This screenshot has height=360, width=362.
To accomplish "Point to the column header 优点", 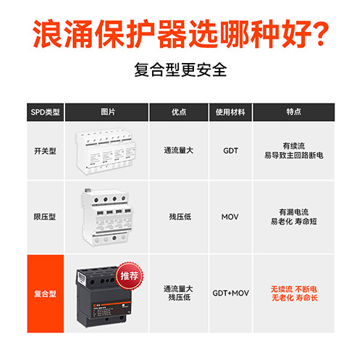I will pyautogui.click(x=179, y=112).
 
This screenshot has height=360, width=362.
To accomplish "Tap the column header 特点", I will pyautogui.click(x=293, y=112).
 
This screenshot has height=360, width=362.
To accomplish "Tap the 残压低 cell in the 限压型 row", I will pyautogui.click(x=179, y=216).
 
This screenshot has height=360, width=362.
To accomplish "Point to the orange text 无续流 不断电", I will pyautogui.click(x=293, y=288).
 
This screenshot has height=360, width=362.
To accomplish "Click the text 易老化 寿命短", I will pyautogui.click(x=293, y=221).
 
